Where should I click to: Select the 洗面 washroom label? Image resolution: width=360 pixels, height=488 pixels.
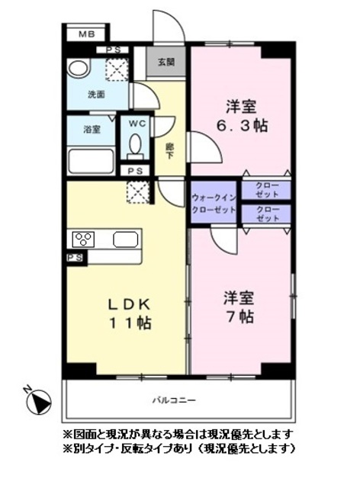pyautogui.click(x=95, y=95)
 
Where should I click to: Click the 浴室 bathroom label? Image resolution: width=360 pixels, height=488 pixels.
pyautogui.click(x=91, y=130)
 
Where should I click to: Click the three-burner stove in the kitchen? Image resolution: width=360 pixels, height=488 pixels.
pyautogui.click(x=83, y=239)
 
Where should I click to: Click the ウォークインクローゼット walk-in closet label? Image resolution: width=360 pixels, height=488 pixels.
pyautogui.click(x=215, y=203)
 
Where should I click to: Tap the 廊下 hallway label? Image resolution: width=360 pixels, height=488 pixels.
pyautogui.click(x=170, y=148)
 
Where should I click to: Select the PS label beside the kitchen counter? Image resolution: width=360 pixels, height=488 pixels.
pyautogui.click(x=75, y=259)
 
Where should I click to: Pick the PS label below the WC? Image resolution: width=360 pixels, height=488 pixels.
pyautogui.click(x=136, y=171)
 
